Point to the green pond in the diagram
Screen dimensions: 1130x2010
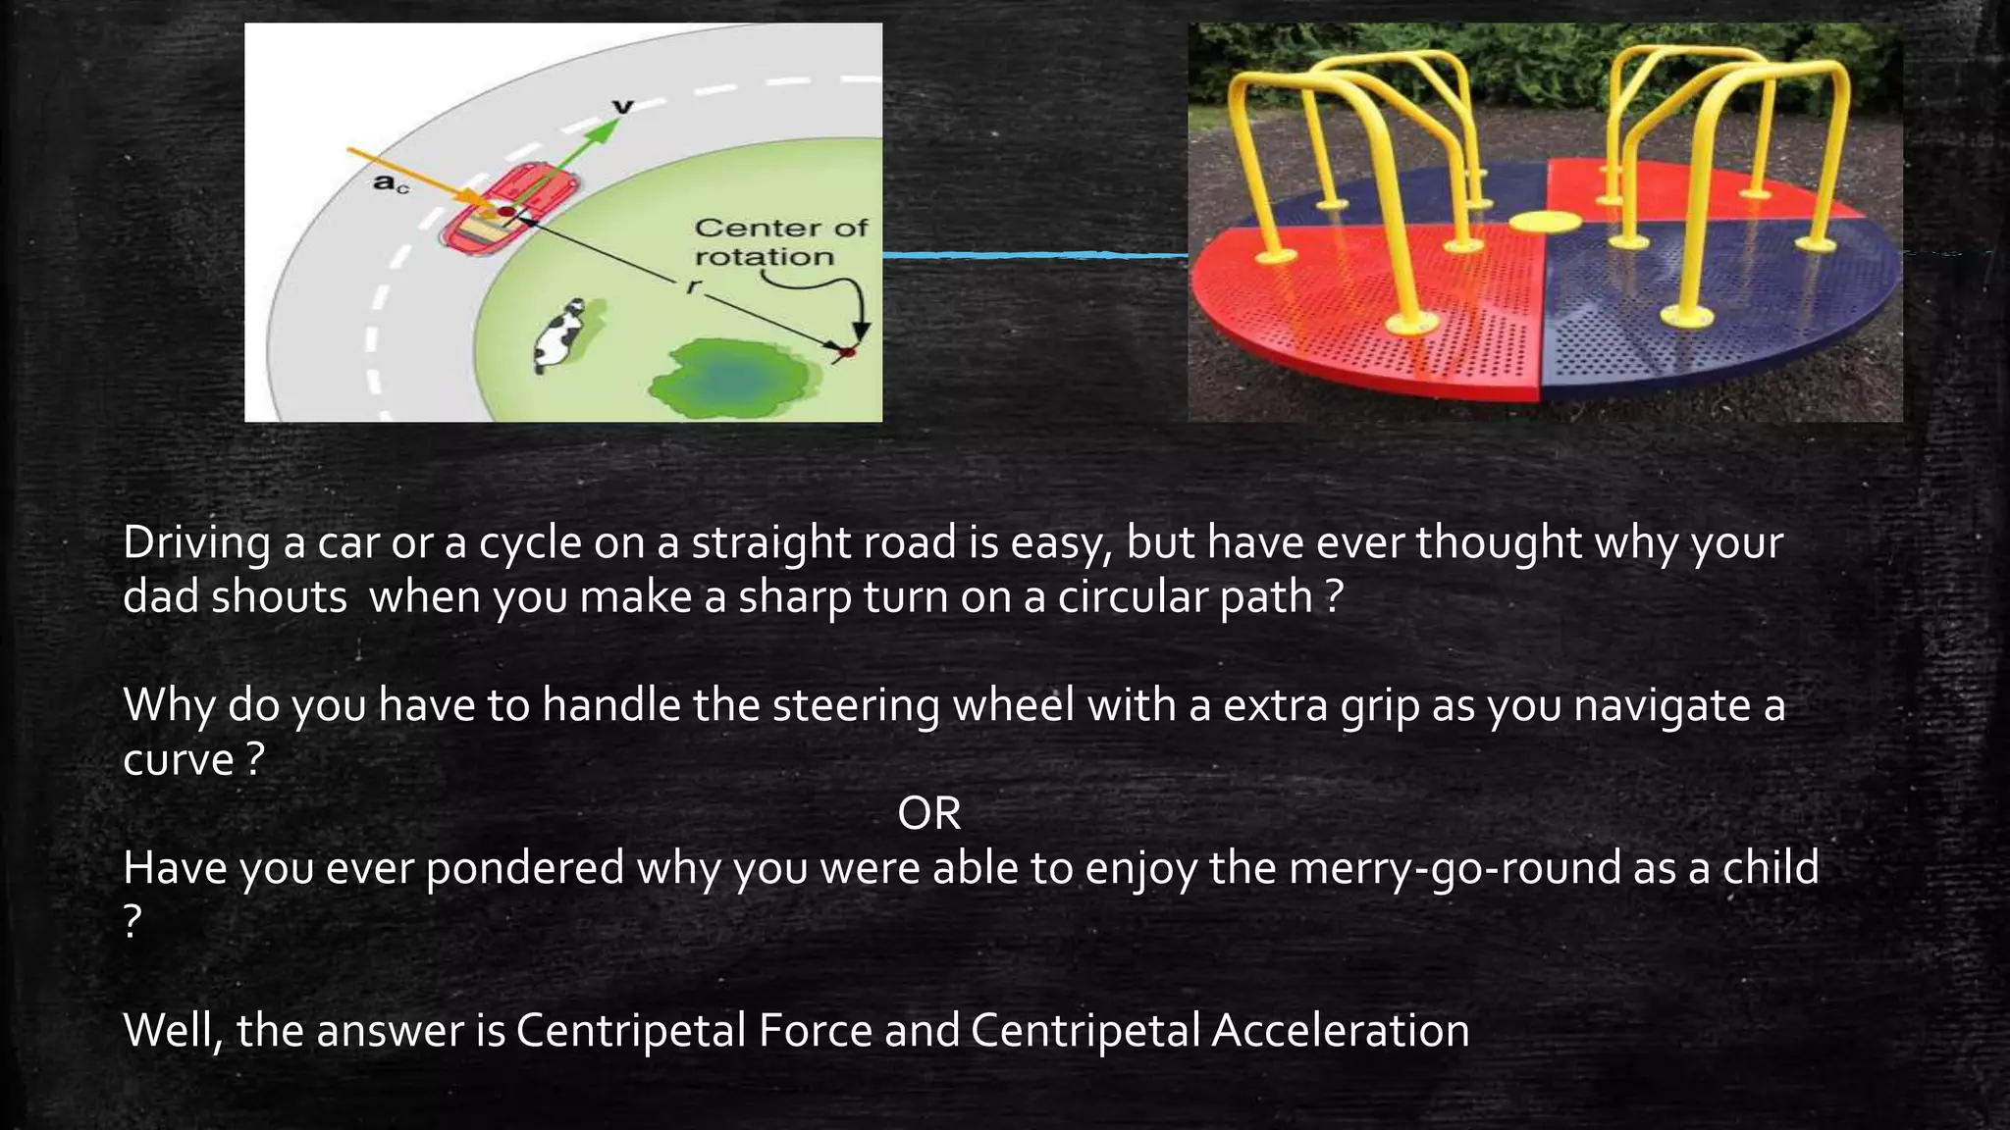(x=730, y=377)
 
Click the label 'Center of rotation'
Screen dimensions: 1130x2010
(x=780, y=242)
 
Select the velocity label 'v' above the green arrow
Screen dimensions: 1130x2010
(x=622, y=106)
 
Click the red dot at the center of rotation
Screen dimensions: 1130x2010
(x=849, y=350)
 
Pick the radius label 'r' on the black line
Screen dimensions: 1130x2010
(x=694, y=285)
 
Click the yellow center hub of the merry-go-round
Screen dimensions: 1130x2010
(x=1545, y=221)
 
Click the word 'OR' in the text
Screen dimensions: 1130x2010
(x=928, y=813)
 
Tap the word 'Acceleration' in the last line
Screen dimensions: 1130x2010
(x=1340, y=1030)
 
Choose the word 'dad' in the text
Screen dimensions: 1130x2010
(x=160, y=596)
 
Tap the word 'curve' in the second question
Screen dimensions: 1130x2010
(x=178, y=759)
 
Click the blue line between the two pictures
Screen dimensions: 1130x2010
(x=1034, y=255)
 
